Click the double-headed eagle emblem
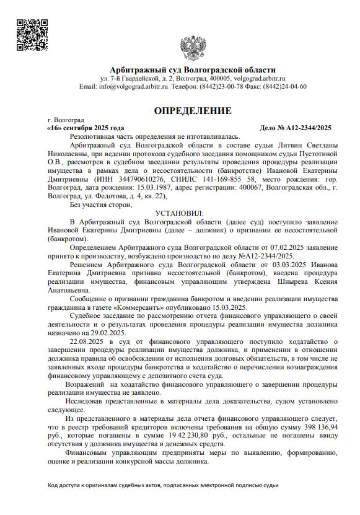click(x=193, y=48)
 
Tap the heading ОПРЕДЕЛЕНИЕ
click(x=193, y=111)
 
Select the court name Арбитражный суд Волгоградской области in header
click(x=193, y=69)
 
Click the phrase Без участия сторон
click(x=102, y=204)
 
